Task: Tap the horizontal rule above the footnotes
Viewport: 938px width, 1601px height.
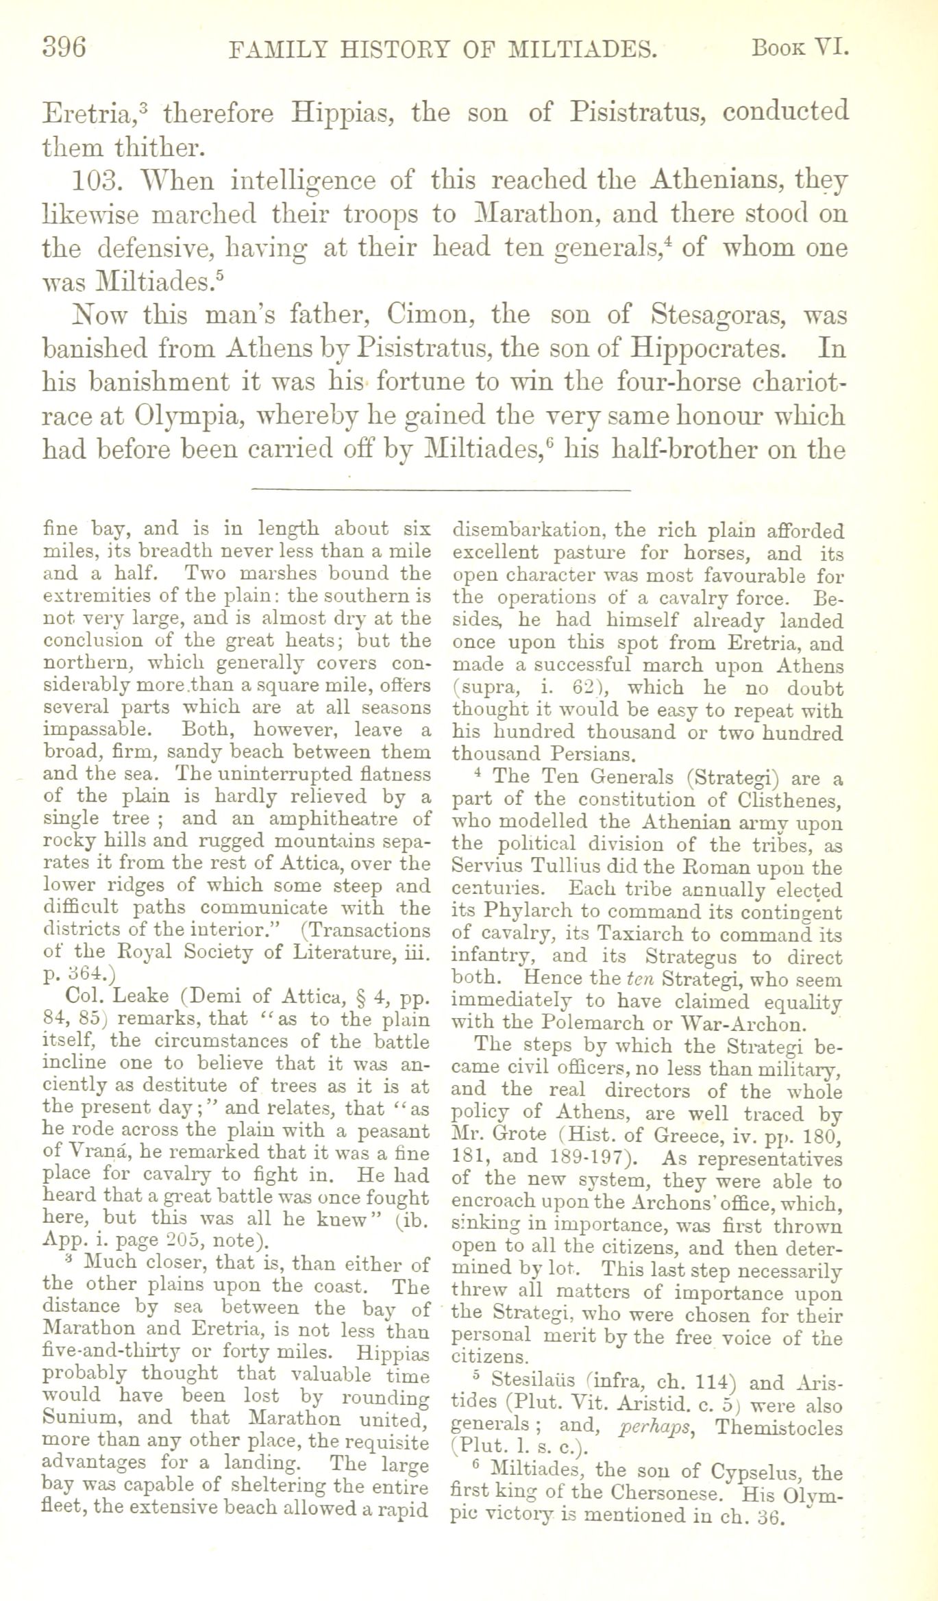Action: (x=441, y=489)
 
